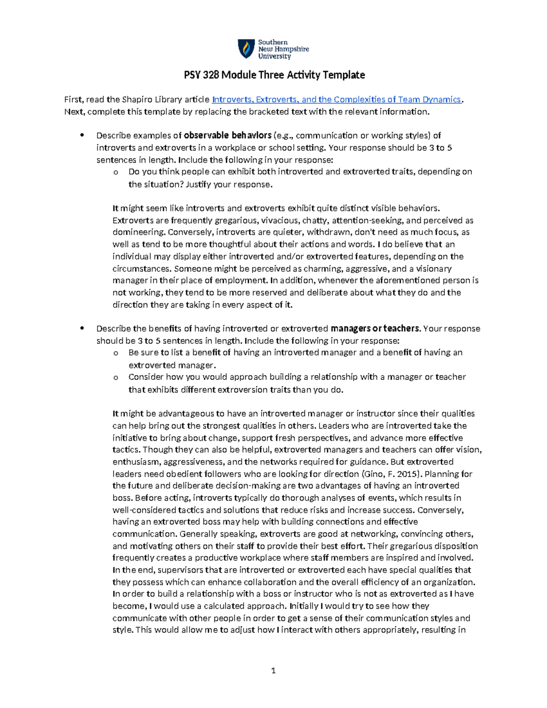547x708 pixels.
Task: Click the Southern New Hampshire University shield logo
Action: point(247,49)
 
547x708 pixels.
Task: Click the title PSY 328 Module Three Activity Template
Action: point(274,75)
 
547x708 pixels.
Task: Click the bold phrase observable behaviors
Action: point(227,135)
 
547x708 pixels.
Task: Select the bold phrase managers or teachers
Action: point(375,329)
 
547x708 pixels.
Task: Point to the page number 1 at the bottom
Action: point(273,671)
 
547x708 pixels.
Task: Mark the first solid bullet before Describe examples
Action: point(82,135)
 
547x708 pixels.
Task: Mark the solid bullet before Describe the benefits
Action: point(82,329)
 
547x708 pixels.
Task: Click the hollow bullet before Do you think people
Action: point(116,172)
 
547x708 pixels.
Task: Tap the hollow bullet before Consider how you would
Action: point(116,377)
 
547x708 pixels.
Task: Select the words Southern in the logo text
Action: point(273,42)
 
